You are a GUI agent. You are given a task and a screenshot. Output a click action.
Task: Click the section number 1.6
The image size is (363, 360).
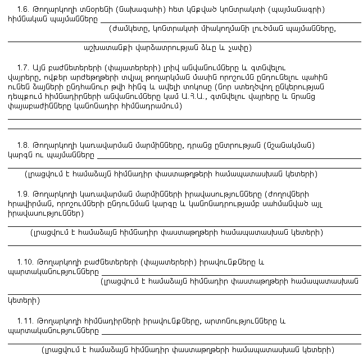click(24, 9)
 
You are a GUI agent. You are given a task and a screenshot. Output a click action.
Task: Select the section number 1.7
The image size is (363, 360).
click(24, 66)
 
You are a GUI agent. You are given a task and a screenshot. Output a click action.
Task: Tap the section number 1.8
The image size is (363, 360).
click(24, 144)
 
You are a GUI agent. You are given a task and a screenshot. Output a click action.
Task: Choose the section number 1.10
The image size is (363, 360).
click(26, 262)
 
